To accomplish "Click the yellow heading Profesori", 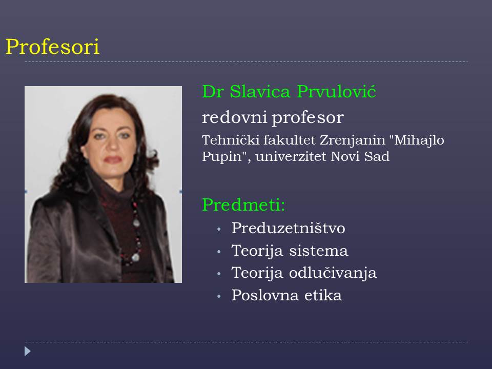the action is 52,47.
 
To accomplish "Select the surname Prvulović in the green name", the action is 336,92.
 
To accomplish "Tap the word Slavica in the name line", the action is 260,92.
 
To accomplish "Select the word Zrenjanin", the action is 352,141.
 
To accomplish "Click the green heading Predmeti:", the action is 243,204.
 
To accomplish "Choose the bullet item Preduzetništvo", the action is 289,228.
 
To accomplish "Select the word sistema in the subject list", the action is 318,251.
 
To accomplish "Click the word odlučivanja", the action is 333,273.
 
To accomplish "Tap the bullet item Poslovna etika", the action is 287,295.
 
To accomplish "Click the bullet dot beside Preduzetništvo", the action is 219,230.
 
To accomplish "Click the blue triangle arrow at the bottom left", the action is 28,351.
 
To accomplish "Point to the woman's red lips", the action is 113,160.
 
